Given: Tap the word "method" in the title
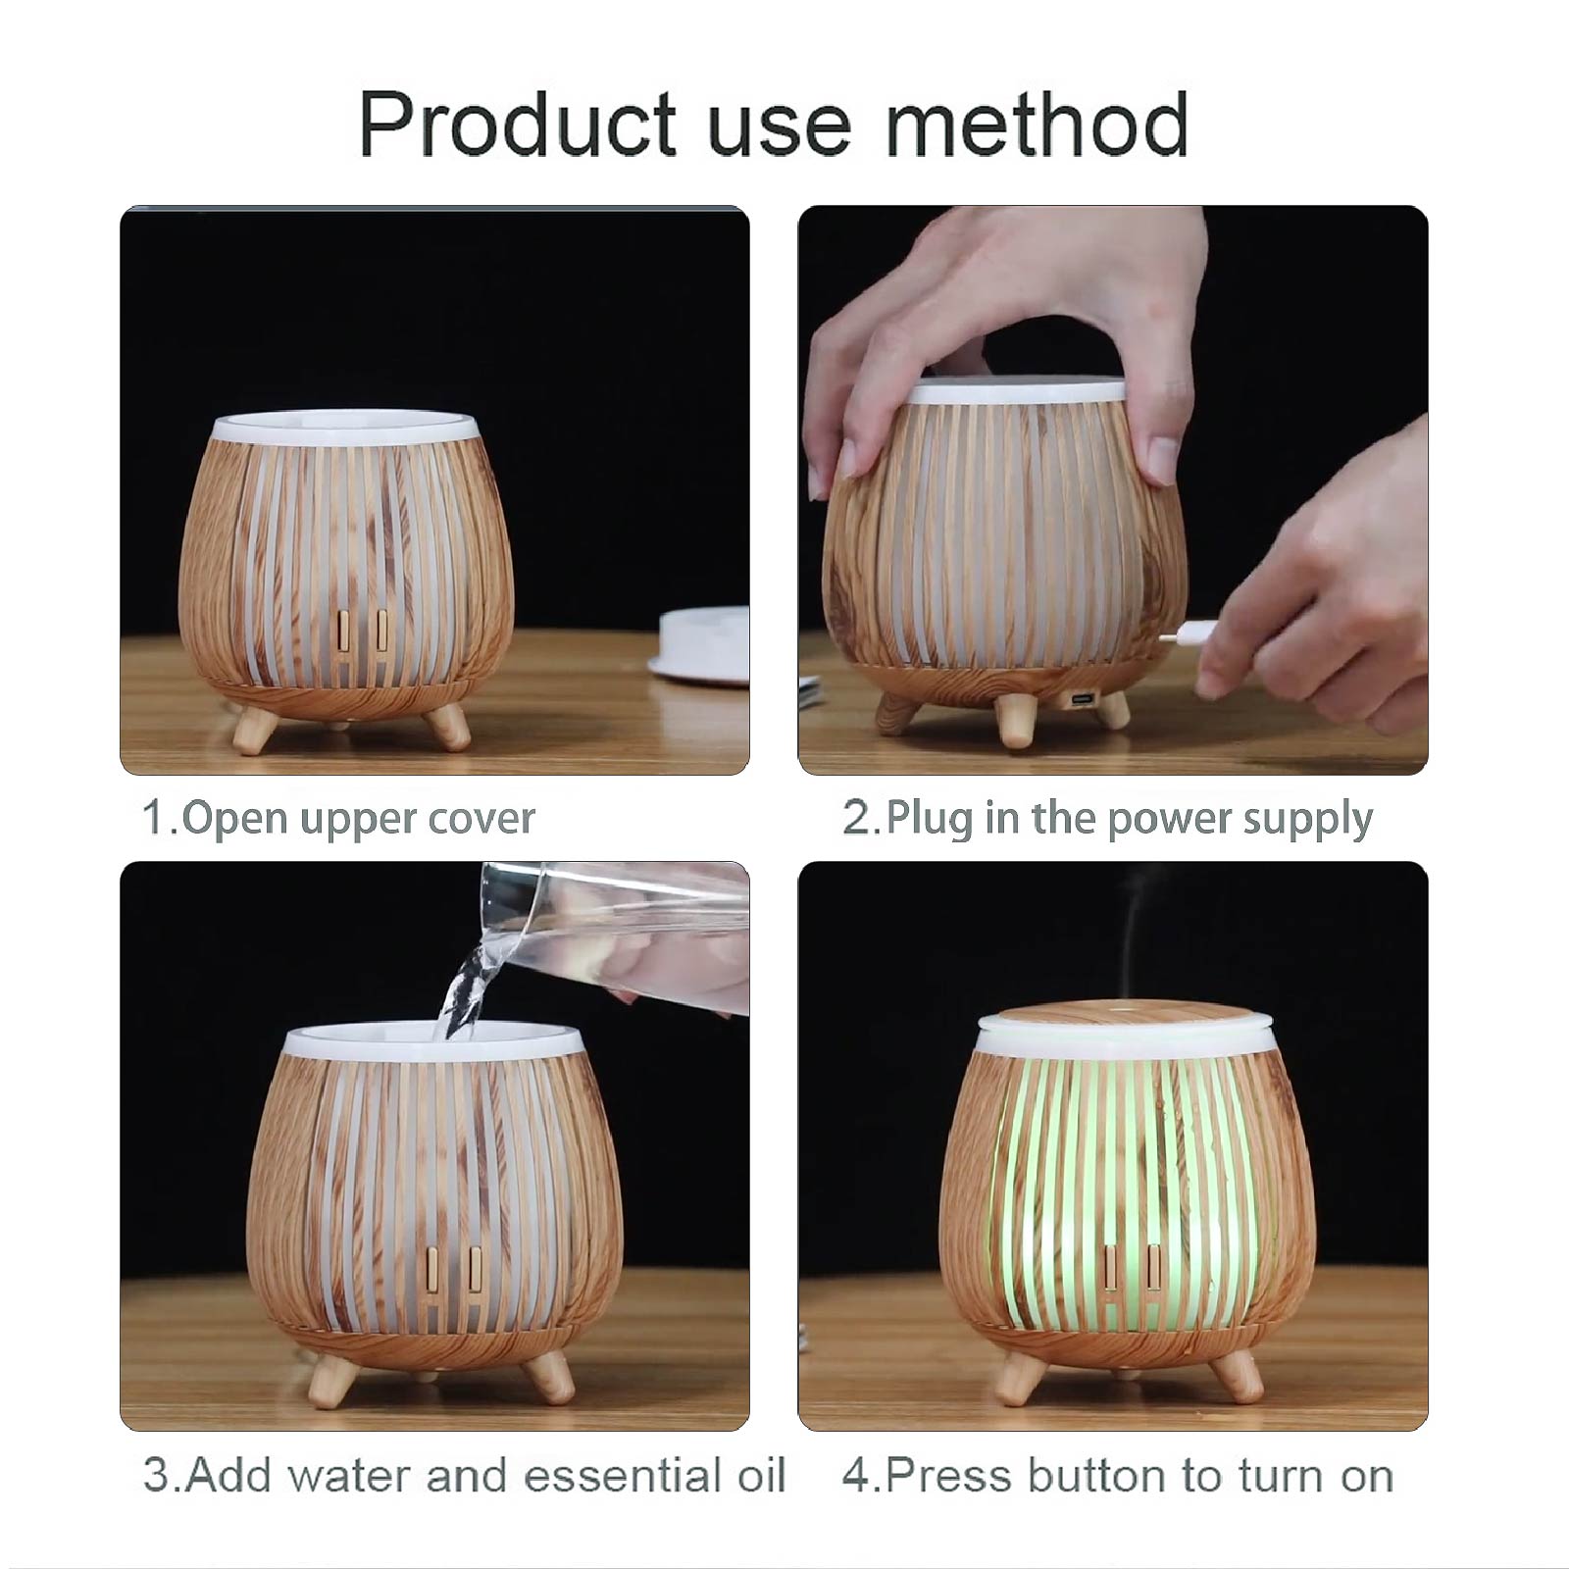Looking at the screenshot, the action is pyautogui.click(x=1038, y=124).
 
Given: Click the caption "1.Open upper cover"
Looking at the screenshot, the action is pyautogui.click(x=339, y=818).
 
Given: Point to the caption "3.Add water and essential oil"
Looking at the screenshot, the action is pyautogui.click(x=465, y=1475).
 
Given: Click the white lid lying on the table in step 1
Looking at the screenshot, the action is pyautogui.click(x=699, y=644).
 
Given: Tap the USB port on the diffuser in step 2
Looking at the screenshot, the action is pyautogui.click(x=1082, y=699).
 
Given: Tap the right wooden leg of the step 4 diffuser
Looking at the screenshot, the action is pyautogui.click(x=1236, y=1374).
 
